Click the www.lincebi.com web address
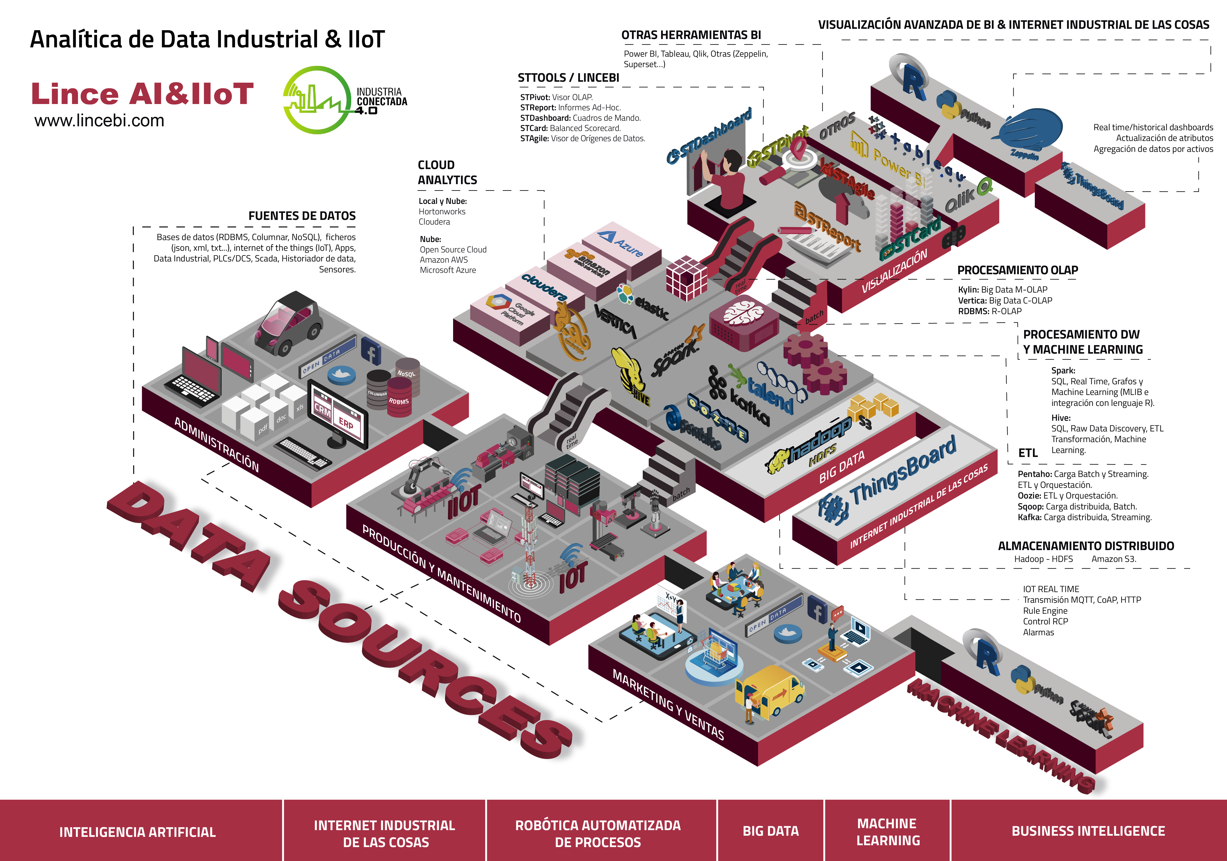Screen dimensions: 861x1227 [x=99, y=121]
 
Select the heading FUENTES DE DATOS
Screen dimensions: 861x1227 [x=302, y=216]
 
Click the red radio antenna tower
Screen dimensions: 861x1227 [x=529, y=545]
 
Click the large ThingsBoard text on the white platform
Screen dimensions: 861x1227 [x=903, y=470]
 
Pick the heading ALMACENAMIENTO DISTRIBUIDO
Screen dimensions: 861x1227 [x=1086, y=546]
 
